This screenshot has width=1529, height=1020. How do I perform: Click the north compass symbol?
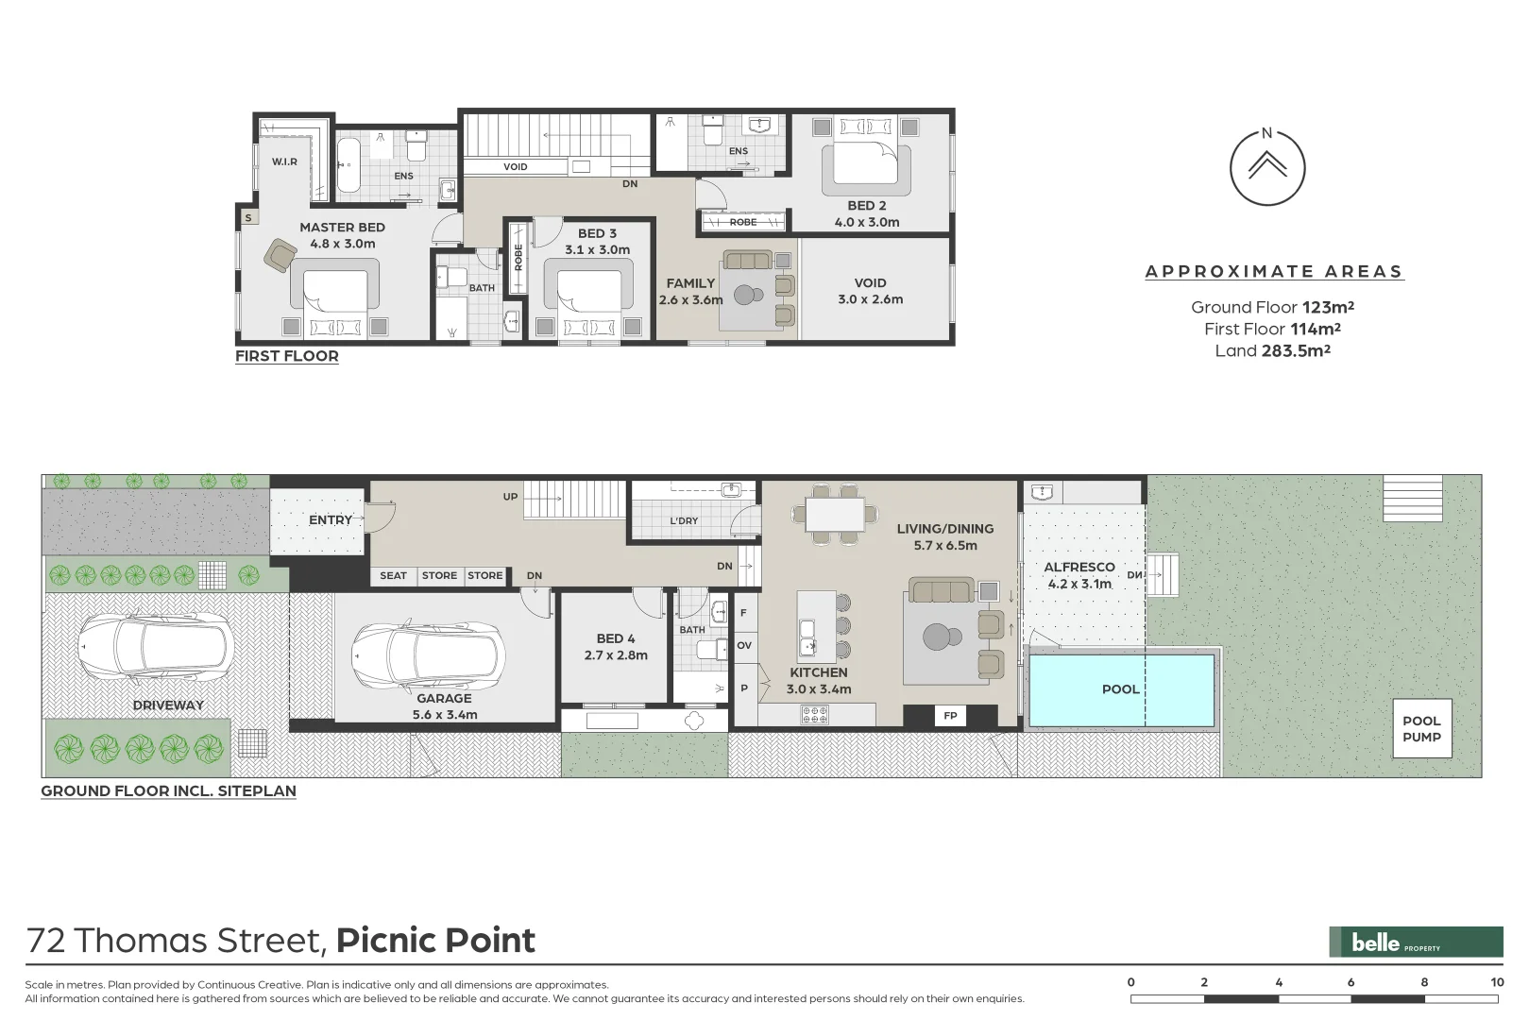tap(1266, 167)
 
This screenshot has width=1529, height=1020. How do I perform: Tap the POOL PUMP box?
tap(1421, 728)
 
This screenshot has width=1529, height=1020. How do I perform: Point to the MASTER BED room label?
tap(342, 228)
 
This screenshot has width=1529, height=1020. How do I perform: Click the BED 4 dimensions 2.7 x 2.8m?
tap(616, 655)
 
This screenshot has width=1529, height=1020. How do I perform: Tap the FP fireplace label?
tap(950, 716)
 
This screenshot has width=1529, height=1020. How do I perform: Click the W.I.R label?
tap(284, 161)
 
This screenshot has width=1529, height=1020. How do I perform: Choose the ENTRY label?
tap(330, 520)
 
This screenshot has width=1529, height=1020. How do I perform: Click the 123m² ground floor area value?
tap(1328, 307)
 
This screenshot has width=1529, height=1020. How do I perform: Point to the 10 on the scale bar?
tap(1496, 982)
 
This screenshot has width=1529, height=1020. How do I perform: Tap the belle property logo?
tap(1415, 942)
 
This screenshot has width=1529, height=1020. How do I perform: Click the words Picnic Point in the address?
tap(435, 941)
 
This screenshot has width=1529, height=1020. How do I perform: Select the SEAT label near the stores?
tap(393, 575)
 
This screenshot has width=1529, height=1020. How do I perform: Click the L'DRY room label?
tap(684, 520)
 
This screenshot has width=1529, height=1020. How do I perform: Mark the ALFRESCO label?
tap(1079, 568)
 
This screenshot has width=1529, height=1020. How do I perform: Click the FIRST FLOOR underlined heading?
tap(286, 356)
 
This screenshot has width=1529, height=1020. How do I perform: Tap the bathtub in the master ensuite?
tap(348, 166)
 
